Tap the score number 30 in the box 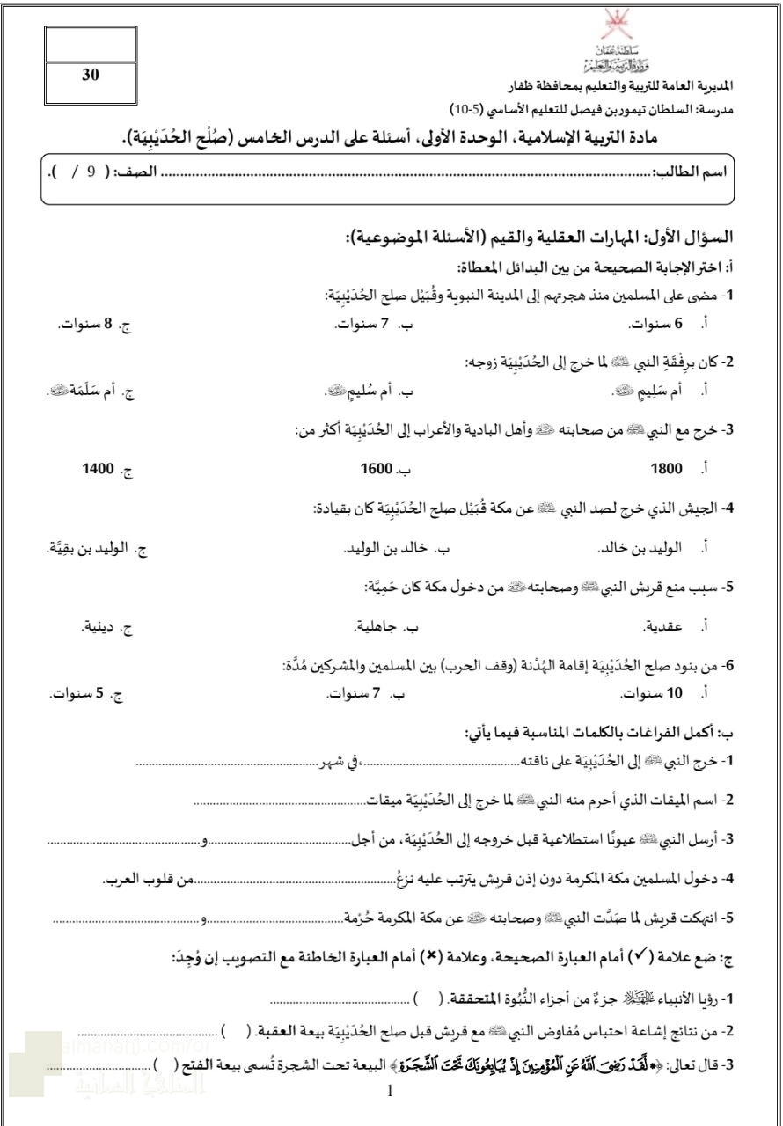click(x=91, y=76)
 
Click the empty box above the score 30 click(x=91, y=44)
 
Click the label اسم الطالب click(x=697, y=171)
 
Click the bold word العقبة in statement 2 click(x=278, y=1030)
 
